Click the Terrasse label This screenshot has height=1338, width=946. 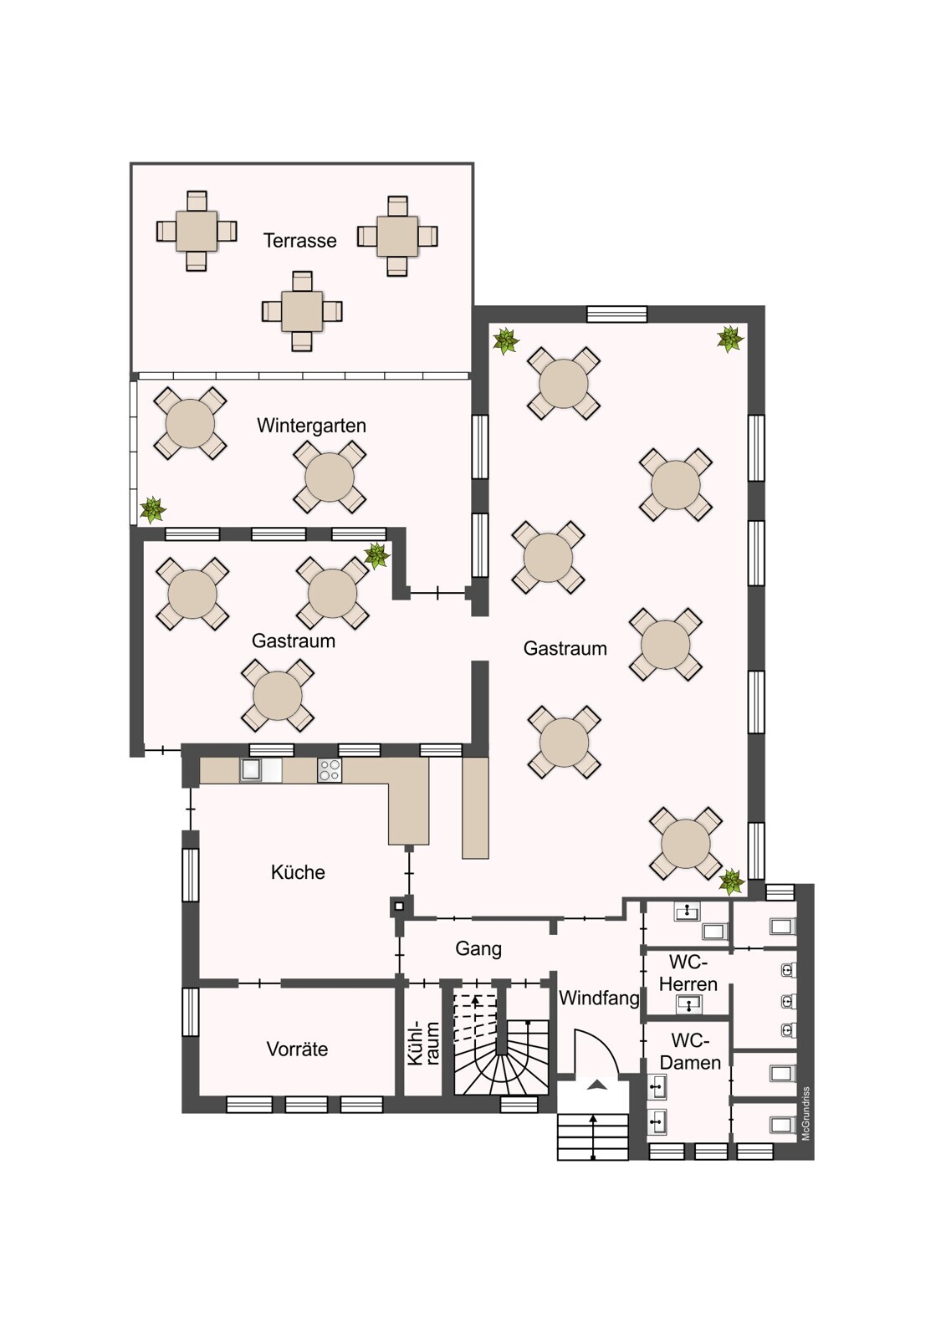coord(300,241)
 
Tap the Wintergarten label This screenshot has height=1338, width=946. coord(311,426)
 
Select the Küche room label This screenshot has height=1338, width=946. coord(298,872)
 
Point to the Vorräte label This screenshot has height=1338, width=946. coord(297,1049)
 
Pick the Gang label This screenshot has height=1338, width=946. coord(478,948)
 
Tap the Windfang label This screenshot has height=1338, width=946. coord(599,998)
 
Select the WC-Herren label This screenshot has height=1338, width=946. coord(688,973)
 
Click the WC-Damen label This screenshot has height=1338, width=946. coord(690,1051)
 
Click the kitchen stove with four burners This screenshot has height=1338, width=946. coord(330,770)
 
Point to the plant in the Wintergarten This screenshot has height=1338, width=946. coord(153,509)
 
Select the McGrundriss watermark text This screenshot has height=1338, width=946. coord(805,1113)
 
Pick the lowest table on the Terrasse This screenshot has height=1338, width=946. coord(302,311)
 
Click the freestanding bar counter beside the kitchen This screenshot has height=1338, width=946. coord(476,808)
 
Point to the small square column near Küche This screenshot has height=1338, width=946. coord(399,906)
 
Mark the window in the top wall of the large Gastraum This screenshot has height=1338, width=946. coord(616,314)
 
